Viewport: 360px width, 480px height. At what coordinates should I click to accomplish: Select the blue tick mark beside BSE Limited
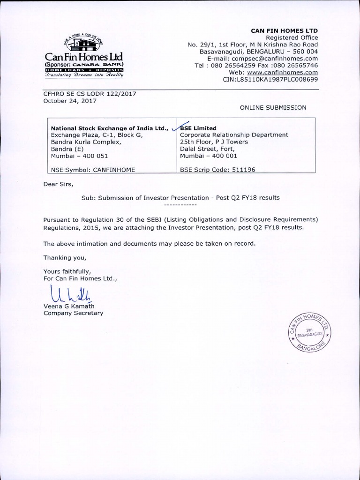(x=176, y=126)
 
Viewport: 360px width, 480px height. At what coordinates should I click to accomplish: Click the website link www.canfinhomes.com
(x=283, y=73)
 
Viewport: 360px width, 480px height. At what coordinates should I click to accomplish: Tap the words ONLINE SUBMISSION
(x=273, y=107)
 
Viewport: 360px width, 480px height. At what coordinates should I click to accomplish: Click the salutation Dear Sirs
(x=58, y=184)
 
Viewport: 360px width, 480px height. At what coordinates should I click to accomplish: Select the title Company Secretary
(x=73, y=313)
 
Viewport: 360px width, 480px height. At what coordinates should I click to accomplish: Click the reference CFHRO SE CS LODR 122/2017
(x=89, y=94)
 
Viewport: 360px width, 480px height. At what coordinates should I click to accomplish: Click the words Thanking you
(x=65, y=257)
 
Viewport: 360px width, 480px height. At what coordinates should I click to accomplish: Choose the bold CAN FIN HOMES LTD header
(x=284, y=30)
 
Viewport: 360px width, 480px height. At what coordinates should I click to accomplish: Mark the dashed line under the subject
(x=180, y=205)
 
